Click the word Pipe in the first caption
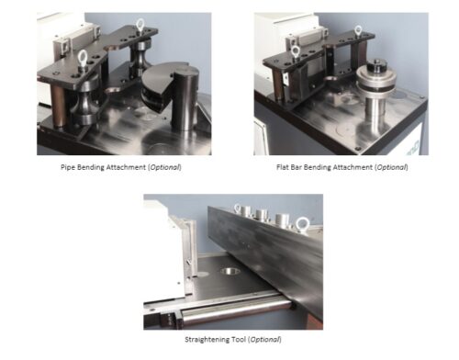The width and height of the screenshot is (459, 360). [68, 167]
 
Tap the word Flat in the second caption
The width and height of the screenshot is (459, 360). [282, 167]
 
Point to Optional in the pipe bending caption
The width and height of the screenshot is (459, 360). [164, 167]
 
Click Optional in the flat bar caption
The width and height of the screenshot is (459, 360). [391, 167]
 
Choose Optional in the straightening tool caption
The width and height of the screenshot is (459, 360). [264, 340]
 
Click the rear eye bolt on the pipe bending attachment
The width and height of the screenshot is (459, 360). [140, 25]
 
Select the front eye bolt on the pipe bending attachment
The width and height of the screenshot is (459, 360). [83, 57]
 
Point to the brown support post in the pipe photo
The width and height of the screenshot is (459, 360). [58, 105]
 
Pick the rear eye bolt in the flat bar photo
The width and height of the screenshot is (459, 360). [358, 30]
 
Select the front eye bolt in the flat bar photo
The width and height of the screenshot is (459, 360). [295, 51]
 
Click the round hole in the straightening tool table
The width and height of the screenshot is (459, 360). [229, 271]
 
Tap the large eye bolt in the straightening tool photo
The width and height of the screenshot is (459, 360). [302, 224]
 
